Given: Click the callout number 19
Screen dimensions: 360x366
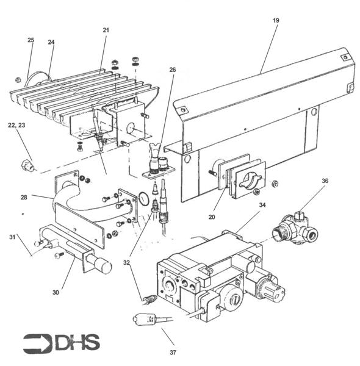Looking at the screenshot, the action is (276, 21).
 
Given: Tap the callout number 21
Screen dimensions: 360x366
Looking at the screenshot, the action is (106, 30).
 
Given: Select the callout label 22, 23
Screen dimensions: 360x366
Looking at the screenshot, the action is (16, 125).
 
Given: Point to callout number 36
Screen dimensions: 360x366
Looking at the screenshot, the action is (325, 181).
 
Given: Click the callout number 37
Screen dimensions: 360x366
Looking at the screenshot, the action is (173, 353).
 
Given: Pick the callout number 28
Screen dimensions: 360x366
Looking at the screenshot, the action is (24, 198).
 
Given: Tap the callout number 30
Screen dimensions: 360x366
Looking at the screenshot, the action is (56, 292).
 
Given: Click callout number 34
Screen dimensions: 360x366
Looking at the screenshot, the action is (262, 205).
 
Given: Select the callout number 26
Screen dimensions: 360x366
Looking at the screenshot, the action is (173, 70).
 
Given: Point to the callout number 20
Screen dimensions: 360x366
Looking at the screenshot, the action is (212, 217).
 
